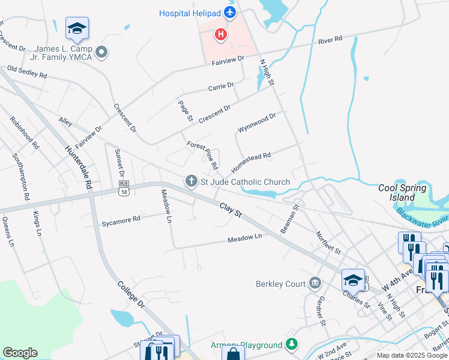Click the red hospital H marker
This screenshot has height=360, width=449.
[221, 35]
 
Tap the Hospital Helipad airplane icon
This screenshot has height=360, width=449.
[229, 12]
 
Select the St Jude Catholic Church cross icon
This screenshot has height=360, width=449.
[191, 181]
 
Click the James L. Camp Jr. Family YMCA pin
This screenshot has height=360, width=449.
[101, 53]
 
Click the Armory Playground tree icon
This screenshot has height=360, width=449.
[292, 344]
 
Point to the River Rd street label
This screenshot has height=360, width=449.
[330, 40]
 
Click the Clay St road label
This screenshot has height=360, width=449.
[230, 209]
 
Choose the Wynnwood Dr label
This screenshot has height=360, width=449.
[256, 123]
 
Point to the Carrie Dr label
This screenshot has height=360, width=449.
[221, 87]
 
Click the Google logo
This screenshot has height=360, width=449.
[20, 353]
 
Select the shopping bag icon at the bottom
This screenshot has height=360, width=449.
[233, 353]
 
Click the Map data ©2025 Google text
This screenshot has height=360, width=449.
[412, 355]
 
